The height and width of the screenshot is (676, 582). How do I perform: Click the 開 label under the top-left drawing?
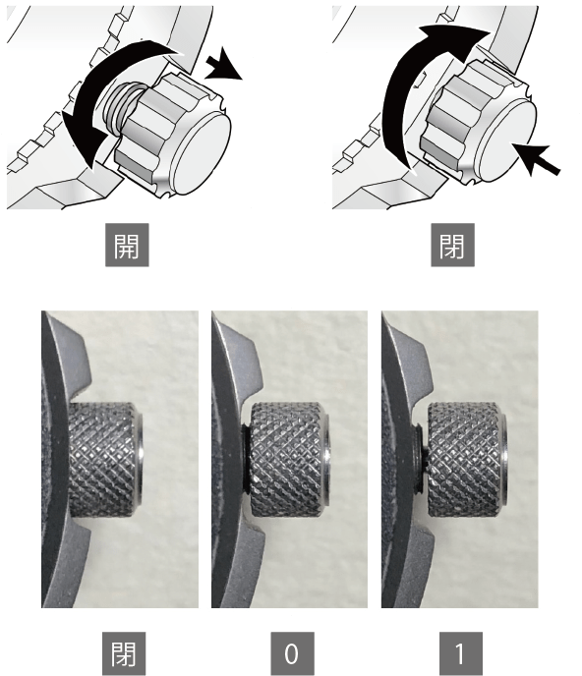pos(127,245)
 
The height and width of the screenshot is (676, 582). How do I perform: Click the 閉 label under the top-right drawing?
pos(452,245)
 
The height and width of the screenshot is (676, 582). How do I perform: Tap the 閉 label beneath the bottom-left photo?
pos(124,653)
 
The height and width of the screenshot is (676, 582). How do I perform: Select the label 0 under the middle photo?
pos(293,653)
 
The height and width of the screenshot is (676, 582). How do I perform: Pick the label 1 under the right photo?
pos(461,653)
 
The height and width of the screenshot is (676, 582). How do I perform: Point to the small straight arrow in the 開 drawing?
pos(223,65)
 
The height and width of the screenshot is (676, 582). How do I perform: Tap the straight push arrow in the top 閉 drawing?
pos(535,159)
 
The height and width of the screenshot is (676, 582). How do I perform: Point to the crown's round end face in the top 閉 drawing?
pos(506,141)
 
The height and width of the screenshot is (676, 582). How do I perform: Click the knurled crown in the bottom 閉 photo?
pos(105,460)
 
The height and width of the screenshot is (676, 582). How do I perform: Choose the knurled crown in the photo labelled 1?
pos(467,460)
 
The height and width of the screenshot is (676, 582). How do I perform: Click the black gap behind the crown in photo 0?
pos(245,460)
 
